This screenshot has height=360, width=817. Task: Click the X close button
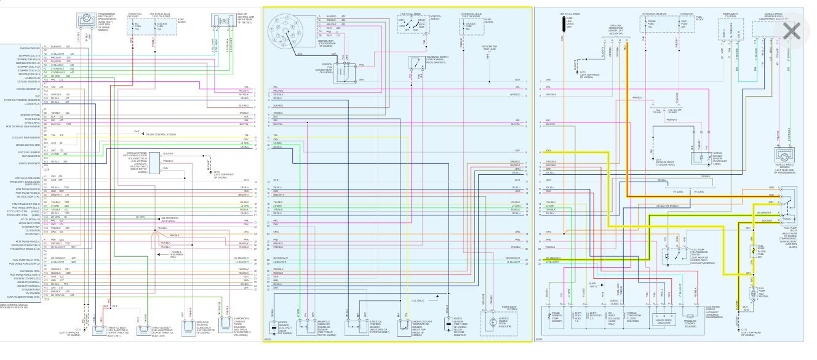point(791,31)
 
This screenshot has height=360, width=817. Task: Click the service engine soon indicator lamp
point(492,323)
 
